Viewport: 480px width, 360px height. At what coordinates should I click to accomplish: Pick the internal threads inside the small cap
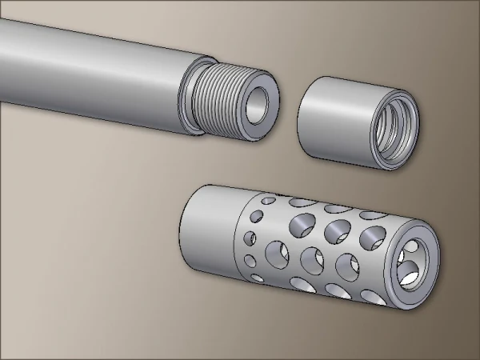pyautogui.click(x=392, y=128)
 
